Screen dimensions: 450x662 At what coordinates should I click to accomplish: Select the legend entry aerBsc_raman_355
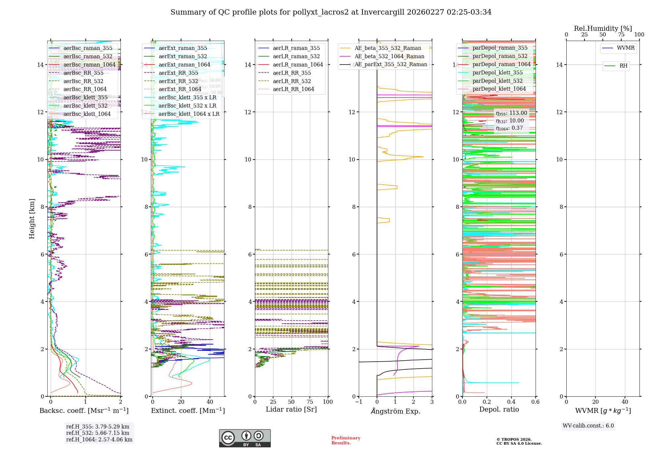88,48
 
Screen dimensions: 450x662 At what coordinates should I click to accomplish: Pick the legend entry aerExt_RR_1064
180,89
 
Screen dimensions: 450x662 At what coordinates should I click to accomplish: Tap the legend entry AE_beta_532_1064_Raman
389,57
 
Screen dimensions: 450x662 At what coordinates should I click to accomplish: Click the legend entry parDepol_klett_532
497,81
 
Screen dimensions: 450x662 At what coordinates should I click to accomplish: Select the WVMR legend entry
626,48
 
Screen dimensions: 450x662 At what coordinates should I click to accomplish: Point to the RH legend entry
623,66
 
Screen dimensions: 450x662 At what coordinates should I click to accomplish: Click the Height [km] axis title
32,218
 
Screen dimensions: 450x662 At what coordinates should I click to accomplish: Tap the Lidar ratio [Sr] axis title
291,410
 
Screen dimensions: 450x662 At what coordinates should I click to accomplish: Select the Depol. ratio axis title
499,410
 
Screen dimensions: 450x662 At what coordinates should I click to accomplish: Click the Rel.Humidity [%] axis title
603,28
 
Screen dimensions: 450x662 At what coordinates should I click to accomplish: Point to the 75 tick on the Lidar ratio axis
310,402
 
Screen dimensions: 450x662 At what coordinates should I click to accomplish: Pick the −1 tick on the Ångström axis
359,402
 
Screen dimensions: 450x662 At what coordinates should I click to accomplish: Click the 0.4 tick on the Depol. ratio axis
511,402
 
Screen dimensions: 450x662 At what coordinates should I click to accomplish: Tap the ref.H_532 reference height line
98,433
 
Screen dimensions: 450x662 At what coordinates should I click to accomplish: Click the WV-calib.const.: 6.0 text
588,426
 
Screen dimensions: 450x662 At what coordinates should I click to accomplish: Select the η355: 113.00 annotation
511,113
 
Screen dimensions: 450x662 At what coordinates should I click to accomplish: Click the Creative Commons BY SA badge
245,438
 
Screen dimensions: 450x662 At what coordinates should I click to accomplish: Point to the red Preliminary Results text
346,440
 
